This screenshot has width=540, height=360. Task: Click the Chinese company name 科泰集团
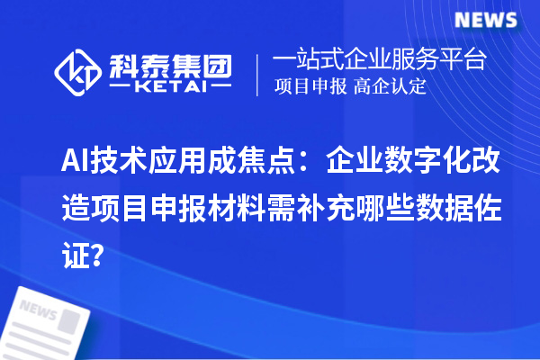coord(170,66)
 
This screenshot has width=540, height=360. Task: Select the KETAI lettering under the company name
coord(170,87)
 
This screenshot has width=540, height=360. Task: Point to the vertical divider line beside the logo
coord(259,74)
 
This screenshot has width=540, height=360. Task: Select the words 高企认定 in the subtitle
coord(390,88)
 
